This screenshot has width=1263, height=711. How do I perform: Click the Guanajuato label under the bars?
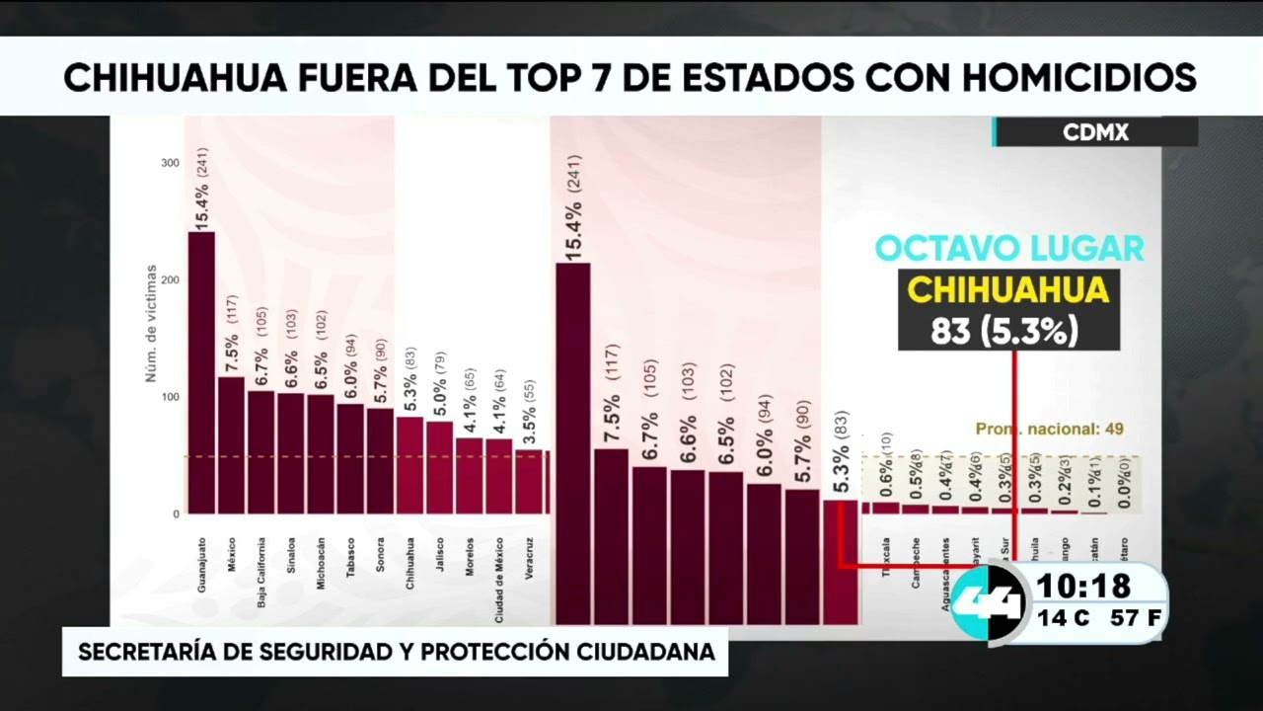pyautogui.click(x=202, y=564)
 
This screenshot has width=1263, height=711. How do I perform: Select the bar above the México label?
pyautogui.click(x=231, y=444)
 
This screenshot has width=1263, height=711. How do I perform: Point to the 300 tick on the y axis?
pyautogui.click(x=171, y=163)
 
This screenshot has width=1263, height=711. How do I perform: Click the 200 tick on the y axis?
pyautogui.click(x=171, y=280)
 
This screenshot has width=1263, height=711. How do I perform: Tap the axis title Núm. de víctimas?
pyautogui.click(x=152, y=322)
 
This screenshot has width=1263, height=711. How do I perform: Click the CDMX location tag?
pyautogui.click(x=1095, y=132)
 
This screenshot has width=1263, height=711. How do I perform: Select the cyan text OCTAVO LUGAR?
pyautogui.click(x=1009, y=248)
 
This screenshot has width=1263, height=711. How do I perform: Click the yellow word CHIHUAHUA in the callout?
pyautogui.click(x=1008, y=290)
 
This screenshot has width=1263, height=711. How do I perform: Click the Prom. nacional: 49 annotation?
pyautogui.click(x=1050, y=430)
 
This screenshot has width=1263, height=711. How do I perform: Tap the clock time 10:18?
pyautogui.click(x=1082, y=587)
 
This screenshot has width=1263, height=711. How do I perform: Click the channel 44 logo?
pyautogui.click(x=991, y=602)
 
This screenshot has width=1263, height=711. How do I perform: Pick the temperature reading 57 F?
pyautogui.click(x=1134, y=619)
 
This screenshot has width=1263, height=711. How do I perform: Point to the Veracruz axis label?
pyautogui.click(x=530, y=557)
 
